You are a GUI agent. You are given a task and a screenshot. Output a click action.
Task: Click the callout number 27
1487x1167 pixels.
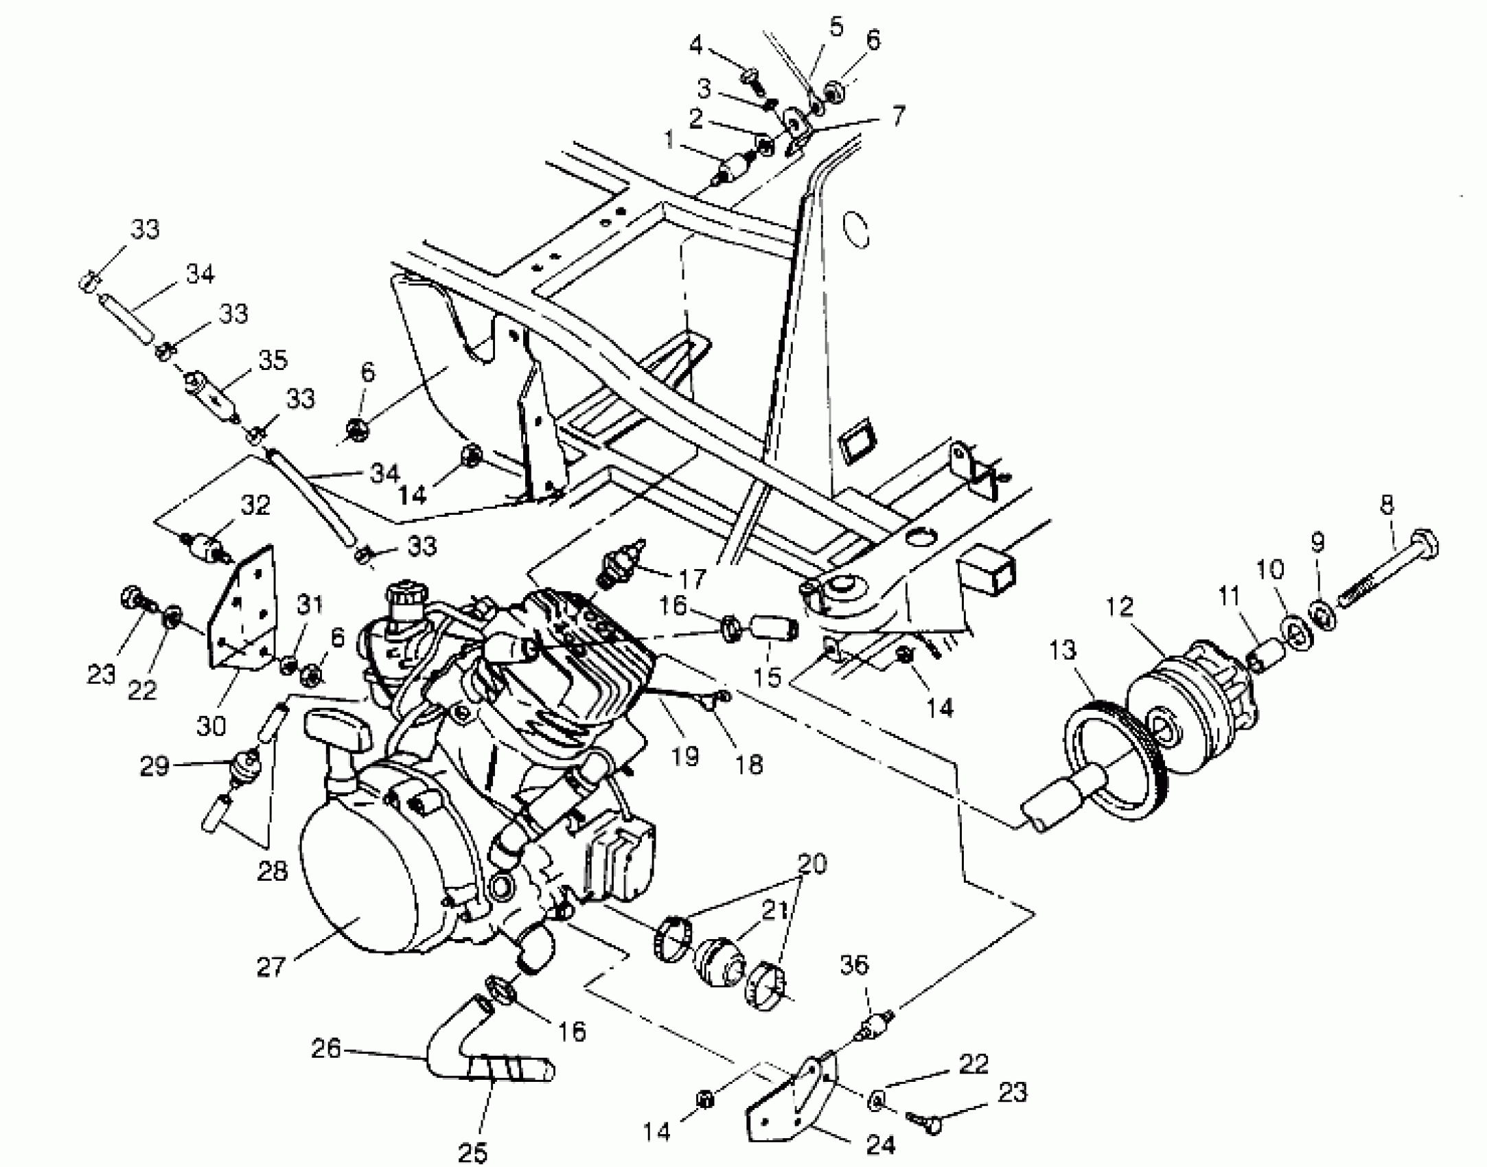pyautogui.click(x=270, y=967)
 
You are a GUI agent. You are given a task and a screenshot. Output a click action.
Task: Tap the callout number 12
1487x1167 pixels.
pyautogui.click(x=1120, y=608)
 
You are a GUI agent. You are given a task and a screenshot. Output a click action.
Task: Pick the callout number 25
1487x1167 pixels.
pyautogui.click(x=472, y=1153)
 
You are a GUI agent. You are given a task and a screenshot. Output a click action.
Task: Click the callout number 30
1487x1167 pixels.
pyautogui.click(x=211, y=726)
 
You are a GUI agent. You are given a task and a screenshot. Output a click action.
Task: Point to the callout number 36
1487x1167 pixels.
pyautogui.click(x=854, y=964)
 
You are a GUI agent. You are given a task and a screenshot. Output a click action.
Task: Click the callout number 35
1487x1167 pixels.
pyautogui.click(x=273, y=360)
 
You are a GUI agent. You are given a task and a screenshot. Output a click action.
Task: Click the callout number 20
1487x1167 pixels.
pyautogui.click(x=812, y=864)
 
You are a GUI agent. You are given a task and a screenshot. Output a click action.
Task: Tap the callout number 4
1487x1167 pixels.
pyautogui.click(x=696, y=46)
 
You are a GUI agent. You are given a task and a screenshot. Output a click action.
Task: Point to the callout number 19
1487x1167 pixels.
pyautogui.click(x=686, y=756)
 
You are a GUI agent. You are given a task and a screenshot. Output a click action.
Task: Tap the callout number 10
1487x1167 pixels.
pyautogui.click(x=1269, y=569)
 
